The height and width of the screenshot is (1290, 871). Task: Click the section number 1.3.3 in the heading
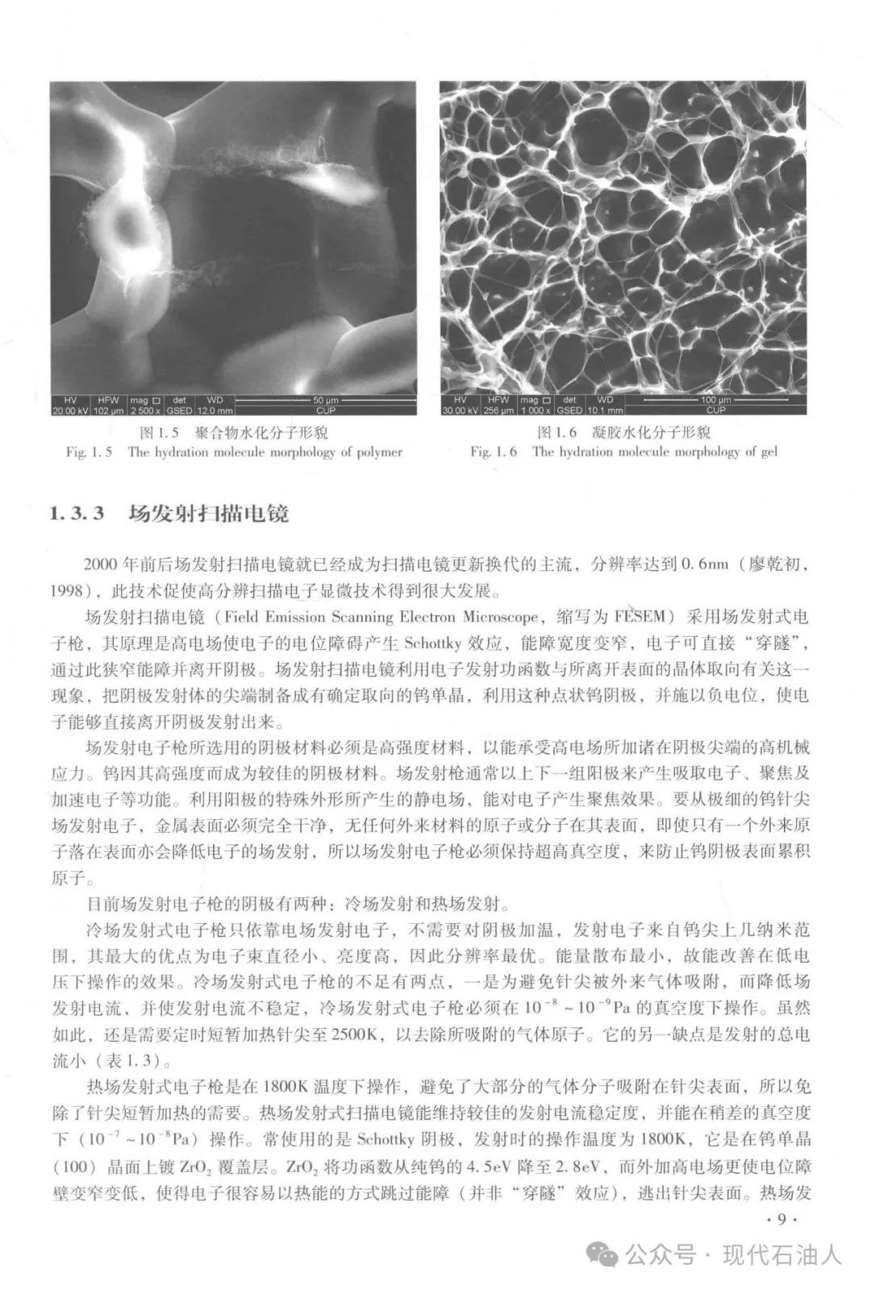tap(77, 514)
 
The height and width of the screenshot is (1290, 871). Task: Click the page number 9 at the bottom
tap(781, 1218)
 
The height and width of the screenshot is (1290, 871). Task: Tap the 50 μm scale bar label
tap(326, 400)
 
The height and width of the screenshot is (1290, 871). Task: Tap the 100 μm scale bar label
tap(715, 400)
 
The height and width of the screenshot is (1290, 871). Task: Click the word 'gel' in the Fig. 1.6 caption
tap(769, 451)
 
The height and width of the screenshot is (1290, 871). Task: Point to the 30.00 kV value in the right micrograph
tap(460, 410)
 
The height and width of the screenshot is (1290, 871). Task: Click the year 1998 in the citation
tap(67, 591)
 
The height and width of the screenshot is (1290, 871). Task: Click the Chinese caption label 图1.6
tap(557, 433)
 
